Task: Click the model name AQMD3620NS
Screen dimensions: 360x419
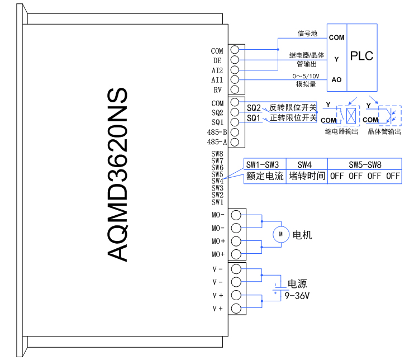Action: [120, 175]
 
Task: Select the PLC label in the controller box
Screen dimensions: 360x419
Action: [361, 56]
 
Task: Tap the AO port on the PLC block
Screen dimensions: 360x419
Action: [336, 80]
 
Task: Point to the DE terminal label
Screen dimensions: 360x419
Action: [217, 60]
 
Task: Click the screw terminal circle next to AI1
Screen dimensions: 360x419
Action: [235, 80]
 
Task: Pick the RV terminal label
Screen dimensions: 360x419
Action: [218, 89]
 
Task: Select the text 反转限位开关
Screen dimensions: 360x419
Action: [293, 107]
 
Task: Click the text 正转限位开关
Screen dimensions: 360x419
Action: [293, 118]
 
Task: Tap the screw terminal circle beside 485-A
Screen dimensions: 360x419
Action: [235, 142]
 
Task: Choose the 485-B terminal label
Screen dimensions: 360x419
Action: [216, 132]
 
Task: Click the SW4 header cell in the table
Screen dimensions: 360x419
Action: [304, 165]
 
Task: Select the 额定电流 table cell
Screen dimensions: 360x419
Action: [264, 177]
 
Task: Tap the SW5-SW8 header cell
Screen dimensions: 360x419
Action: [365, 165]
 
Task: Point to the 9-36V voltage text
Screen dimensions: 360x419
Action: [297, 295]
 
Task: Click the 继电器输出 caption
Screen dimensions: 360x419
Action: [341, 131]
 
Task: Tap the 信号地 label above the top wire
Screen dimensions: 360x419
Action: [307, 34]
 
